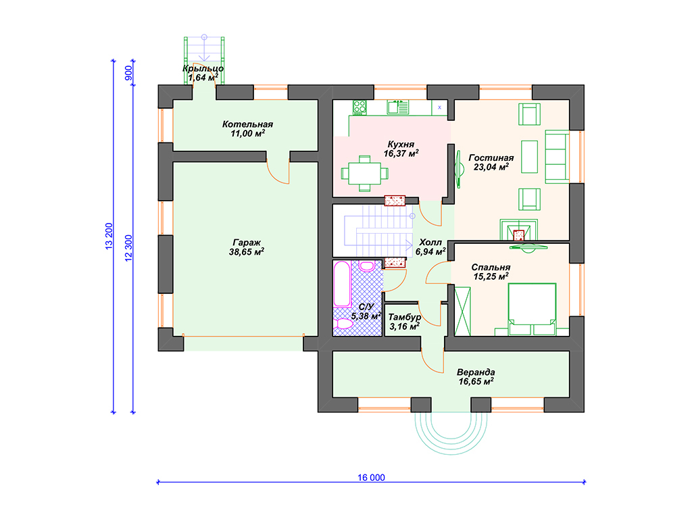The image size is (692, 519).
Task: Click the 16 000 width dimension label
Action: click(371, 477)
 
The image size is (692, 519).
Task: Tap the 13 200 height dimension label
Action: click(109, 237)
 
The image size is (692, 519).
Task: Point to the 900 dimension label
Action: click(128, 73)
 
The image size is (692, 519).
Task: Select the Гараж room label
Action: click(247, 243)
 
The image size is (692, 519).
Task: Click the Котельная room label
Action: click(247, 124)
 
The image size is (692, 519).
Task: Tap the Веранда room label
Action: click(476, 372)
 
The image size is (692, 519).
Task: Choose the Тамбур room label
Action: click(404, 318)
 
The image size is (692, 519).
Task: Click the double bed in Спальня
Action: click(532, 309)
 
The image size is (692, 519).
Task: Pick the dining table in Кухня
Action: click(364, 174)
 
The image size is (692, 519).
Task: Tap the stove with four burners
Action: click(360, 107)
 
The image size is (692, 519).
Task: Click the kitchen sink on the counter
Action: click(397, 107)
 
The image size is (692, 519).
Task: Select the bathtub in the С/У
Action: click(342, 284)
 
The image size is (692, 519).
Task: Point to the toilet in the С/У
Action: click(343, 324)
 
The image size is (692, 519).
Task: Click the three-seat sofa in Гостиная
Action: click(557, 157)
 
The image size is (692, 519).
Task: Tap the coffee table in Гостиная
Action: click(530, 157)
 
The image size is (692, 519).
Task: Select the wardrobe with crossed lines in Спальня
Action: click(462, 311)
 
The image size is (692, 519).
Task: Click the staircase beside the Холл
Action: click(378, 230)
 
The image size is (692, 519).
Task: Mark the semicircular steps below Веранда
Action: click(451, 432)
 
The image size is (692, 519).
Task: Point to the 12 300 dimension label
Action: click(128, 248)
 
